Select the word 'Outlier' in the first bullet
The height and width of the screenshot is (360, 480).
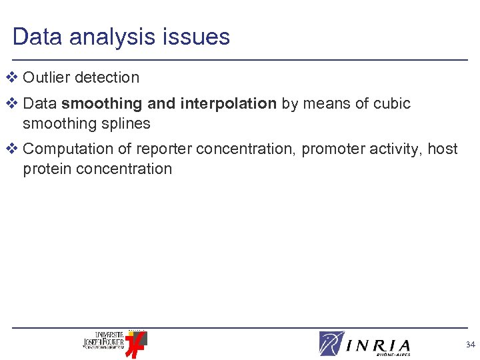coord(47,77)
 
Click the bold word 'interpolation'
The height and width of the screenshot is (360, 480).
coord(227,103)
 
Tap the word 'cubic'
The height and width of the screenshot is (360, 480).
coord(392,103)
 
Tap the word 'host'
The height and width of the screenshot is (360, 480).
coord(443,149)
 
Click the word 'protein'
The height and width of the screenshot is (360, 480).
coord(47,169)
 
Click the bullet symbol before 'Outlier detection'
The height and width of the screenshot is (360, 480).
coord(10,77)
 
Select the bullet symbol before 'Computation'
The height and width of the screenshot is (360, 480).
coord(10,149)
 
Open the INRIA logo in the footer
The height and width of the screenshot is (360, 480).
coord(365,344)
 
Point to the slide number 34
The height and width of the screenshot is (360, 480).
coord(470,345)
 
